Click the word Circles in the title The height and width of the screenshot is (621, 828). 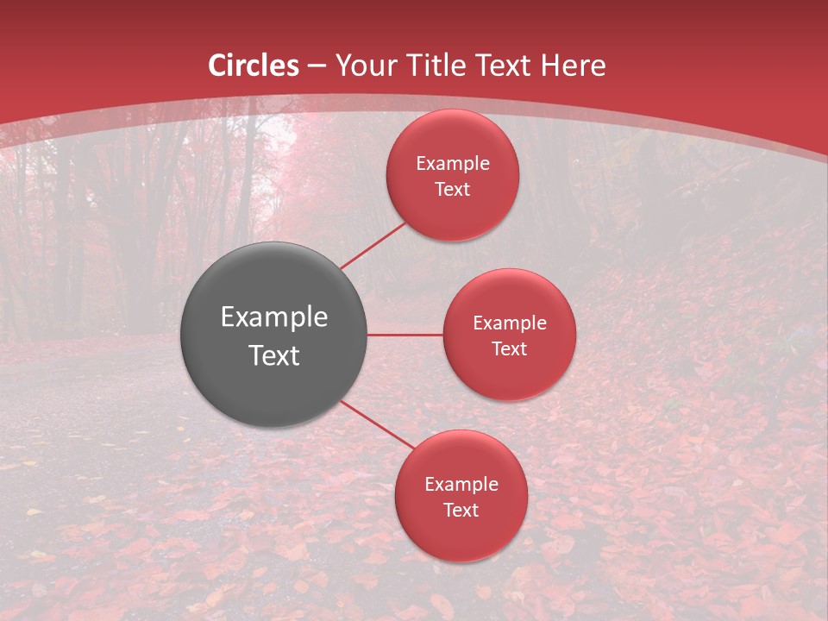pyautogui.click(x=254, y=66)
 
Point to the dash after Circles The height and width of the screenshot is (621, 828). pyautogui.click(x=317, y=66)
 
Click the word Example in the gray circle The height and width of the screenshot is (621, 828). pyautogui.click(x=274, y=317)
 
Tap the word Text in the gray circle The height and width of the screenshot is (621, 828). pyautogui.click(x=274, y=355)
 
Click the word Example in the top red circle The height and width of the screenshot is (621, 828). pyautogui.click(x=453, y=164)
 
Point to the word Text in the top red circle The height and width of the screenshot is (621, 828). pyautogui.click(x=453, y=189)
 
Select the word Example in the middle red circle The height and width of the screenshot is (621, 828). pyautogui.click(x=510, y=323)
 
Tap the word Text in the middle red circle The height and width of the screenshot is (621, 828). pyautogui.click(x=510, y=348)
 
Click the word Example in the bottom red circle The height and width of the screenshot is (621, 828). pyautogui.click(x=461, y=485)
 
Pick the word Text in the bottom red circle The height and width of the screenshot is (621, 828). pyautogui.click(x=461, y=510)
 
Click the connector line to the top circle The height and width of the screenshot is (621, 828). pyautogui.click(x=373, y=246)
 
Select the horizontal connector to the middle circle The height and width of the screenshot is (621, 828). pyautogui.click(x=405, y=335)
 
